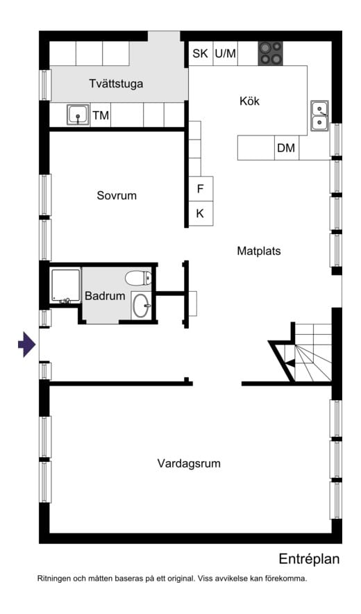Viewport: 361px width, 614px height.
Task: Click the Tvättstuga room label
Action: (x=116, y=84)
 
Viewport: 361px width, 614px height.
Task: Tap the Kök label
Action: (x=249, y=101)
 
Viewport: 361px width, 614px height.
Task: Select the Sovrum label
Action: (x=117, y=195)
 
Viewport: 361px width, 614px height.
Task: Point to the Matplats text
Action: (x=259, y=251)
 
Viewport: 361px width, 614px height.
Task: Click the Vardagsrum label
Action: (x=189, y=464)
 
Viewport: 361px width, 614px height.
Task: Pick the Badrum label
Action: (x=105, y=296)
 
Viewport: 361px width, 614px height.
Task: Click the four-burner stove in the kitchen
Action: (x=270, y=53)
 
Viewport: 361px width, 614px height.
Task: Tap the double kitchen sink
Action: (x=320, y=115)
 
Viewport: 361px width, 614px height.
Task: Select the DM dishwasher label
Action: (x=286, y=148)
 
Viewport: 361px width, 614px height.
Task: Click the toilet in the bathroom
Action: (x=138, y=278)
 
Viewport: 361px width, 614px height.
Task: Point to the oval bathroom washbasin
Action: (x=140, y=306)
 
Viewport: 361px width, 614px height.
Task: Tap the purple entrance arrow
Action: (x=27, y=345)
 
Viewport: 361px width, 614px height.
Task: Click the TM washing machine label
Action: (x=101, y=115)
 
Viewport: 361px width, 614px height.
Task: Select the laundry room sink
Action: (x=78, y=115)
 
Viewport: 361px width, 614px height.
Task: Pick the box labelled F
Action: (x=201, y=189)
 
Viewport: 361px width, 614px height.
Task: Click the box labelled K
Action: (x=201, y=213)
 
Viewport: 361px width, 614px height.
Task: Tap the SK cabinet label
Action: (x=200, y=53)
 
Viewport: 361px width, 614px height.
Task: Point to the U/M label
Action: (x=226, y=53)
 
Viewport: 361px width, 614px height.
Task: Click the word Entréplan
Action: (x=309, y=559)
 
